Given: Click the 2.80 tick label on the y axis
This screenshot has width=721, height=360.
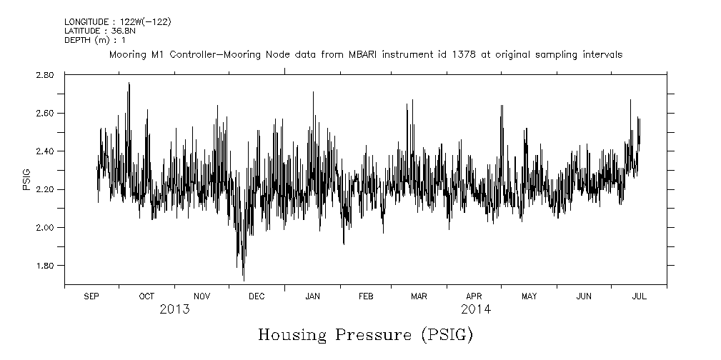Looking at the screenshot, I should pyautogui.click(x=44, y=75).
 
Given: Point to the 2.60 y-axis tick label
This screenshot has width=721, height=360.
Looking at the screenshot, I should pyautogui.click(x=44, y=113).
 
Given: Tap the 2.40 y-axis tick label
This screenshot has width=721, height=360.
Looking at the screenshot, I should pyautogui.click(x=44, y=151).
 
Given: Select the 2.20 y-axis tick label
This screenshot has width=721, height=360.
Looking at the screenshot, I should pyautogui.click(x=44, y=189).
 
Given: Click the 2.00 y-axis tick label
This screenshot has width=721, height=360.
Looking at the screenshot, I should pyautogui.click(x=44, y=228).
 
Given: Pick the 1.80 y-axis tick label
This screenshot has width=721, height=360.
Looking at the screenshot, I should pyautogui.click(x=44, y=266).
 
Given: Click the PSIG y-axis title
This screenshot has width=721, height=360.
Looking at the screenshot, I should pyautogui.click(x=26, y=180).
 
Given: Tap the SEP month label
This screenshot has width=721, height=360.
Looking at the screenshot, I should pyautogui.click(x=91, y=296).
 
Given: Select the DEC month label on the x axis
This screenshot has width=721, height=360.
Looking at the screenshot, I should pyautogui.click(x=256, y=296).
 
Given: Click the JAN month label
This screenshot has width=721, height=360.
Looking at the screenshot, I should pyautogui.click(x=312, y=296).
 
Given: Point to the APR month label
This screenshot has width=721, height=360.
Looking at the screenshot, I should pyautogui.click(x=474, y=296).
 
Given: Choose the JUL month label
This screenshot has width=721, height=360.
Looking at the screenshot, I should pyautogui.click(x=639, y=296).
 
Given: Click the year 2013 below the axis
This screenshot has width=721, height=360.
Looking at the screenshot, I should pyautogui.click(x=174, y=309).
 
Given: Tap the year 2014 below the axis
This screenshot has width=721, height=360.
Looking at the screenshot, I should pyautogui.click(x=475, y=309).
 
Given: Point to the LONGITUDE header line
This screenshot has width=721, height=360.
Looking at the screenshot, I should pyautogui.click(x=117, y=22).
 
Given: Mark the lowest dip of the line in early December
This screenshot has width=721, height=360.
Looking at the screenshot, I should pyautogui.click(x=244, y=280).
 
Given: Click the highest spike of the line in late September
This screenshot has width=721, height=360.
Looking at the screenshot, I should pyautogui.click(x=129, y=84).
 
